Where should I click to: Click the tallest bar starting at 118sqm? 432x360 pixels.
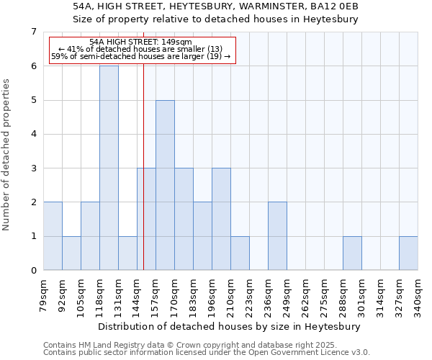109,168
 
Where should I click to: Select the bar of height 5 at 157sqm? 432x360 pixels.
165,185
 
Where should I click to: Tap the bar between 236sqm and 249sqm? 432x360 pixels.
277,236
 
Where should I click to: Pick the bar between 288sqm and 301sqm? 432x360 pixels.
352,253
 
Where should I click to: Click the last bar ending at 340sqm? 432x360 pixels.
408,253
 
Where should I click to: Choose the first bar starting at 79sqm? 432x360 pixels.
53,236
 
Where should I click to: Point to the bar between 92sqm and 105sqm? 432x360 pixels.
71,253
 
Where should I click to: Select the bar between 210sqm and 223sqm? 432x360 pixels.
240,253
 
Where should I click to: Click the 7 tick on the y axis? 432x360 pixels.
33,32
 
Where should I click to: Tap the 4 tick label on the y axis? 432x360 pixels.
33,134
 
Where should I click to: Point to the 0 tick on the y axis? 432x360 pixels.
33,271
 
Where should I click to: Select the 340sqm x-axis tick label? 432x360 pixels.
418,294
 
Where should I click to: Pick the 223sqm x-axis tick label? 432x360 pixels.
249,294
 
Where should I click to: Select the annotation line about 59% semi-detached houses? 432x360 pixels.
141,56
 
